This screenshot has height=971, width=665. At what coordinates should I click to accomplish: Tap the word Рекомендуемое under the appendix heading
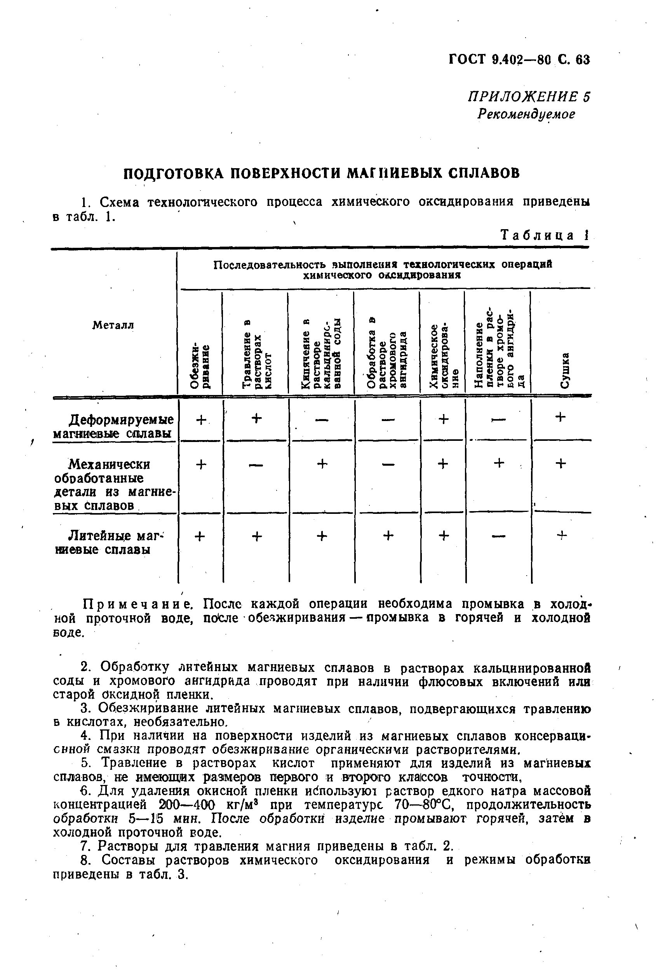(526, 114)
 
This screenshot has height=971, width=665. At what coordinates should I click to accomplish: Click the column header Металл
(113, 325)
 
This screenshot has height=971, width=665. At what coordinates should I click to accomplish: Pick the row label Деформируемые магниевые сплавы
(113, 426)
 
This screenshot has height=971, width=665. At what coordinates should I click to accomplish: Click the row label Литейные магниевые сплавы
(110, 542)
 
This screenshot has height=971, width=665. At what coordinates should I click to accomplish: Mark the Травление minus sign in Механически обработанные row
(256, 465)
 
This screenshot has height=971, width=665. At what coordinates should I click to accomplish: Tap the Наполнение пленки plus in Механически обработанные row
(499, 463)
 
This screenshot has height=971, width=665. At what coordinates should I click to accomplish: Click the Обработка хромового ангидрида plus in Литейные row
(388, 536)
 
